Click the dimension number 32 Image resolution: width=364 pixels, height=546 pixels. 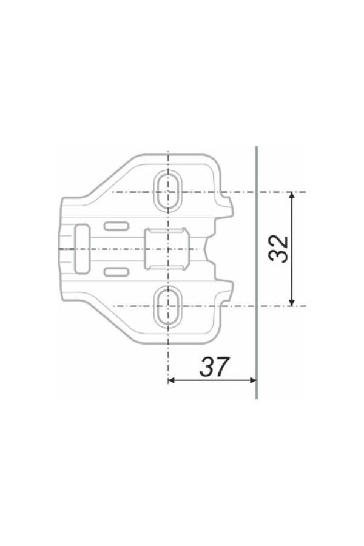point(278,249)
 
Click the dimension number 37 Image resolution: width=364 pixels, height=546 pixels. point(215,366)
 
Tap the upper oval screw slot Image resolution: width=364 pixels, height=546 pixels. point(167,191)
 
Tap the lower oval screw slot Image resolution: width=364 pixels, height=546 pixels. point(167,306)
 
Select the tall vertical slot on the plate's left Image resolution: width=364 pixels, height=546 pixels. point(83,249)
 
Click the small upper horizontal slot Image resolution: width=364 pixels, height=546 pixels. point(116,226)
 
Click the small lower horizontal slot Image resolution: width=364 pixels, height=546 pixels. point(116,272)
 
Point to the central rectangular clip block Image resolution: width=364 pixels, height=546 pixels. point(167,249)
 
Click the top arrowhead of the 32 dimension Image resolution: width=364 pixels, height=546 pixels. point(292,195)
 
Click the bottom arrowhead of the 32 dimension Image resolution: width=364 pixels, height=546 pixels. point(292,303)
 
